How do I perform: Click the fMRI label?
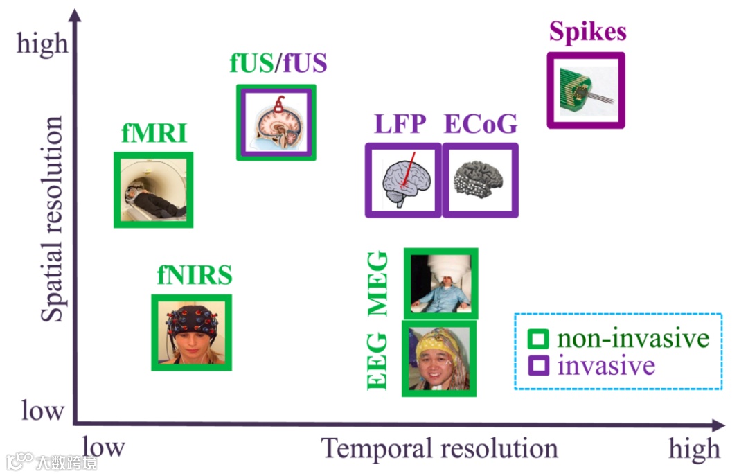[153, 133]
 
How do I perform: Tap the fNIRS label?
[193, 276]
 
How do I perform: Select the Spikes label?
[588, 32]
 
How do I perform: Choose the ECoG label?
[480, 124]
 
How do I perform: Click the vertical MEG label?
[378, 284]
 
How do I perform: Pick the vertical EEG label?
[378, 360]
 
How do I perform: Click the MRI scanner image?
[153, 189]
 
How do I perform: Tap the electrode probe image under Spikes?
[586, 90]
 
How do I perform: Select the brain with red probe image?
[403, 180]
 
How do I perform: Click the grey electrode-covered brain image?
[480, 180]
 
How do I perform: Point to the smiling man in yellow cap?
[439, 359]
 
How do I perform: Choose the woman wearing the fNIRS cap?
[192, 333]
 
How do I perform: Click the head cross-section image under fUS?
[276, 123]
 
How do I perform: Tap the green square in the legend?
[538, 339]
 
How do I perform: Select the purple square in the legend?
[538, 364]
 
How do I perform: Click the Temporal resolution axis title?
[439, 449]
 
